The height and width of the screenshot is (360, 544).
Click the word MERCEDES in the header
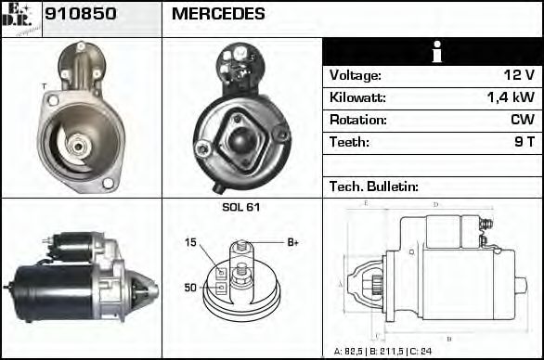(218, 15)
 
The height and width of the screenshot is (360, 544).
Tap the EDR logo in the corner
(20, 18)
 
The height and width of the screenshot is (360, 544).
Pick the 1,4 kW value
(510, 97)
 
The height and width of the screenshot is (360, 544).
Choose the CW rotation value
(522, 120)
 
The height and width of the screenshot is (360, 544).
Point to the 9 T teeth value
(525, 142)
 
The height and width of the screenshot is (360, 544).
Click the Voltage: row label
(356, 75)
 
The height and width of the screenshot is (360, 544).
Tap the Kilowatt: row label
(357, 97)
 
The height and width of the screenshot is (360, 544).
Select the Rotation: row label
(357, 120)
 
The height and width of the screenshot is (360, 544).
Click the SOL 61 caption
(241, 207)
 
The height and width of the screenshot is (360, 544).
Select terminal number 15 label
(190, 243)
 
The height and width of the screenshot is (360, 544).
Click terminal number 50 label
(190, 288)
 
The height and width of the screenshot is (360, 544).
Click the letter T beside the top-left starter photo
(43, 86)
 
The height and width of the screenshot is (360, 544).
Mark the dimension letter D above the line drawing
(435, 204)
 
